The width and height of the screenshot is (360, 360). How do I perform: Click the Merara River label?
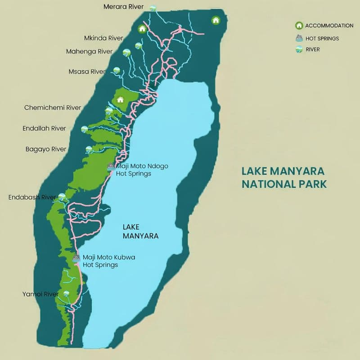click(x=123, y=7)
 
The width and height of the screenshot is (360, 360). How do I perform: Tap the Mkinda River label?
click(x=103, y=38)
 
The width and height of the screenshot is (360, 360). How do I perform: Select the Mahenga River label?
click(x=89, y=51)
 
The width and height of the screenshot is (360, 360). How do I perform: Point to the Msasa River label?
click(x=87, y=72)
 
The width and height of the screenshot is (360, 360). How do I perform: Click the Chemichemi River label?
click(x=53, y=108)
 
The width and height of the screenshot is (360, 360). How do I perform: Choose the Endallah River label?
click(x=44, y=128)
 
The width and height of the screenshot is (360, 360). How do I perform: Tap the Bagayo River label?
click(x=46, y=149)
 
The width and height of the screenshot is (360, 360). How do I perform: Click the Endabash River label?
click(x=32, y=197)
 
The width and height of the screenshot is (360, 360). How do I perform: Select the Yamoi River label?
click(x=40, y=294)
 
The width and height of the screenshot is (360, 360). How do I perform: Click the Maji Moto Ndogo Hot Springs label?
click(x=142, y=170)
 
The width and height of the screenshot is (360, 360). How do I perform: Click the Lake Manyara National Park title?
click(x=283, y=177)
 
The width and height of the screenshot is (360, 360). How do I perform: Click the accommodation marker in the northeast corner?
click(x=216, y=20)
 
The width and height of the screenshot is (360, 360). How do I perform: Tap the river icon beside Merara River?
click(x=153, y=8)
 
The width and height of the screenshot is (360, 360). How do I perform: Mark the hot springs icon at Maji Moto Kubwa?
click(x=76, y=258)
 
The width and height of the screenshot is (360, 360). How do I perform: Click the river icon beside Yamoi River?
click(x=67, y=293)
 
